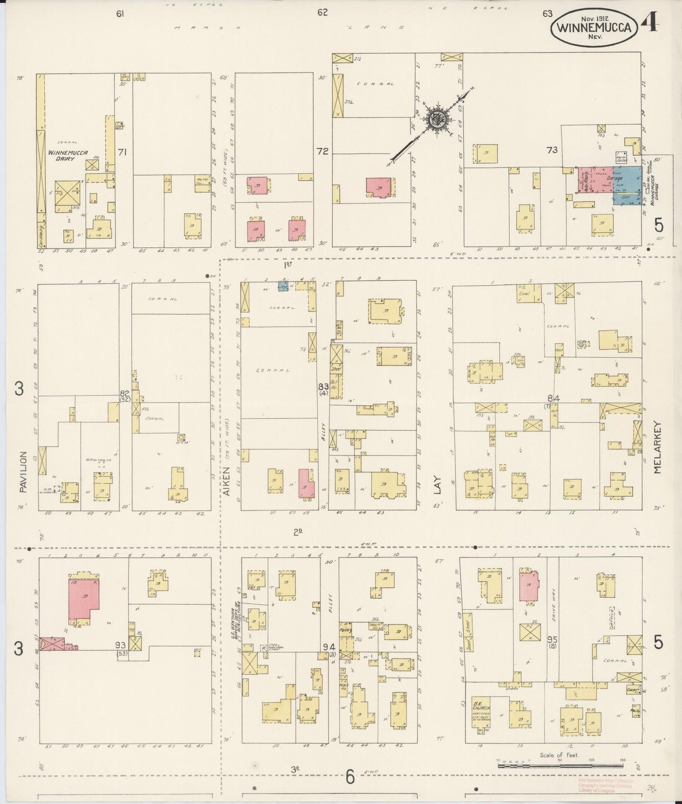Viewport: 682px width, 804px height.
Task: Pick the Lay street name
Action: (438, 484)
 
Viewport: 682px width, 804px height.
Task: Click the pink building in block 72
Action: (379, 187)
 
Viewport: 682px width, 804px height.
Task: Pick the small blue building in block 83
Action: (283, 286)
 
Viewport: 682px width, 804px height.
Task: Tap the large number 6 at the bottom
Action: (350, 777)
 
